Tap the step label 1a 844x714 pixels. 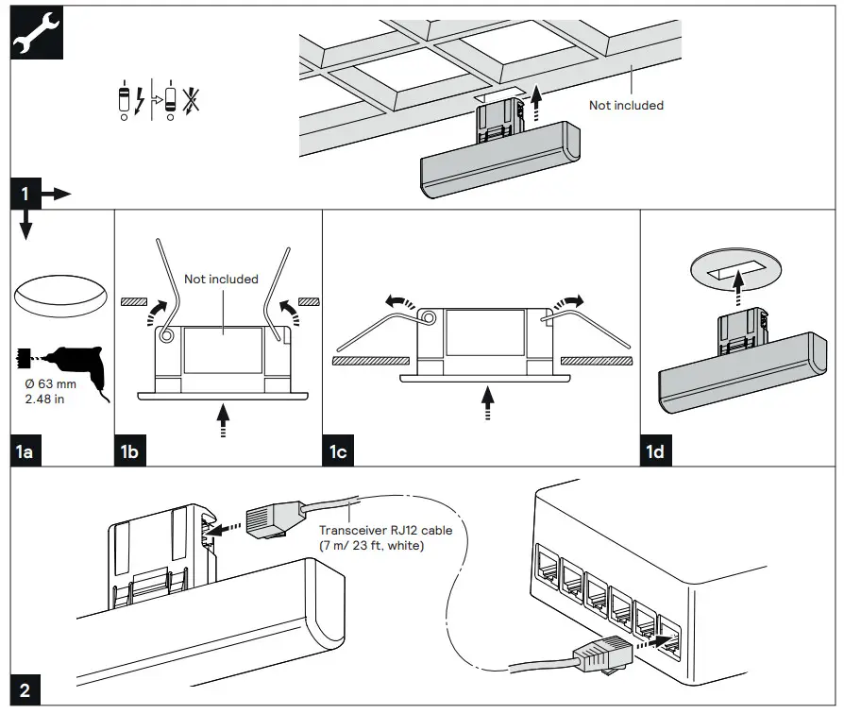(x=26, y=452)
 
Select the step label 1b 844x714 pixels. (x=130, y=452)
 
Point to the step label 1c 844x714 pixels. (x=338, y=452)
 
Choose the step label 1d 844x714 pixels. (x=655, y=452)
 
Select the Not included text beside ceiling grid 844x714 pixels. (x=626, y=105)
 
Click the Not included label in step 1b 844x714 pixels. (x=221, y=279)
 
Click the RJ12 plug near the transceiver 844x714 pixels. (x=273, y=522)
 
